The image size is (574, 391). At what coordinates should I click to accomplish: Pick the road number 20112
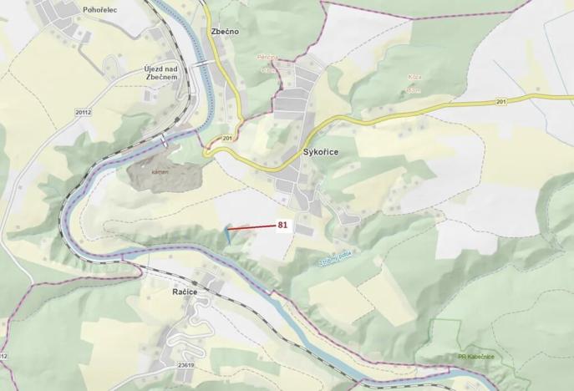(x=81, y=110)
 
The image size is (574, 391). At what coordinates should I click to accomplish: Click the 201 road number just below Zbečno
(x=227, y=137)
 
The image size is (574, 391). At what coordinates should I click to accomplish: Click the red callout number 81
(x=282, y=225)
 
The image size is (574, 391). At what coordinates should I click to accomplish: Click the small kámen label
(x=160, y=170)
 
